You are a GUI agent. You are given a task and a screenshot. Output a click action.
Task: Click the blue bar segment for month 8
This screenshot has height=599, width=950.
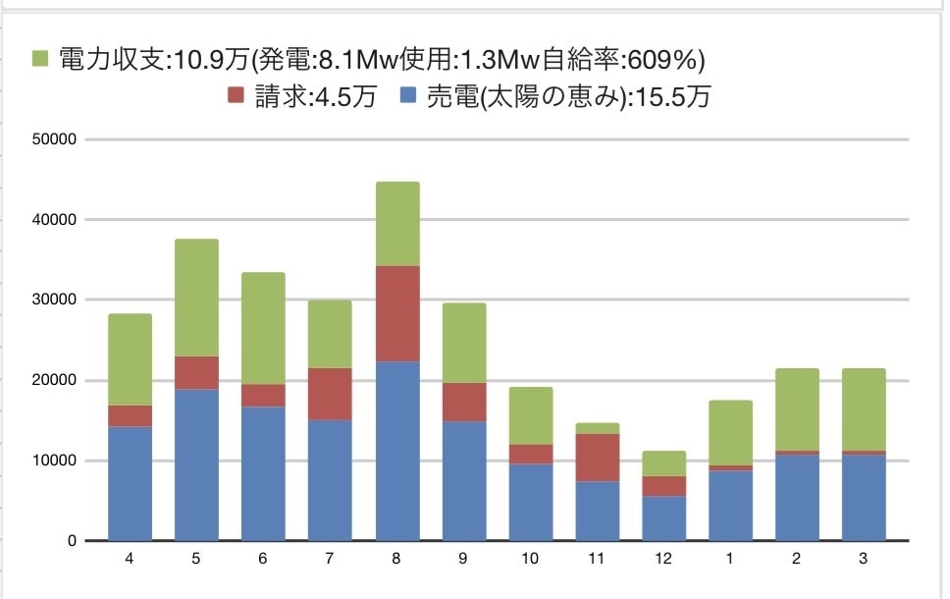pos(397,451)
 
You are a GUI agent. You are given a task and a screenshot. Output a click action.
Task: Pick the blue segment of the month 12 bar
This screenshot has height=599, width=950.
pos(664,518)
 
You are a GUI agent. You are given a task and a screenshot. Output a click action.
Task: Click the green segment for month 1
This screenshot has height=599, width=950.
pos(731,433)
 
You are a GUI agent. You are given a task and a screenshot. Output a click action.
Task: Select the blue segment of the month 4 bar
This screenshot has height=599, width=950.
pos(130,483)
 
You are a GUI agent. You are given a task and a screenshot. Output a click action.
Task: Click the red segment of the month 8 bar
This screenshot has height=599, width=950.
pos(397,313)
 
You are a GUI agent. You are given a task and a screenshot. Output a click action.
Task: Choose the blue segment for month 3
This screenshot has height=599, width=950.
pos(865,498)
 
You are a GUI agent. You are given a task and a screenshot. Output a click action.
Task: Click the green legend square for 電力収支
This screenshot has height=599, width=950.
pos(39,59)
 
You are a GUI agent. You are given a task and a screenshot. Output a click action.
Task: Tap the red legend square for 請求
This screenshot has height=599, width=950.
pos(236,96)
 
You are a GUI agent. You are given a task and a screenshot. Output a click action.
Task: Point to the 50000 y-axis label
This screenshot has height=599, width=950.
pos(55,139)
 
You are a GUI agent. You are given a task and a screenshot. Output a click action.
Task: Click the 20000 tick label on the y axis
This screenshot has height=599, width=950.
pos(55,380)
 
